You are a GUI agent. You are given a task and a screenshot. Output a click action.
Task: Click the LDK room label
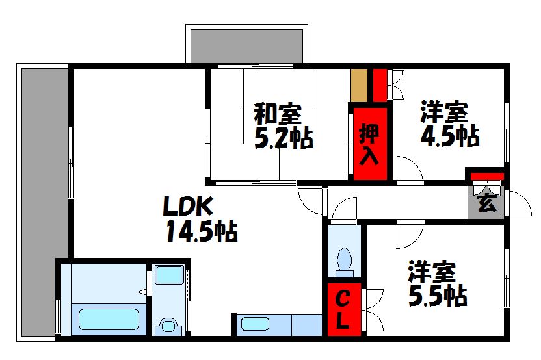point(188,206)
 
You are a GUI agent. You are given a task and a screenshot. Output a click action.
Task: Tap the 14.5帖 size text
point(202,231)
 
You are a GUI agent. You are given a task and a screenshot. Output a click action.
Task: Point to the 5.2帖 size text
point(284,138)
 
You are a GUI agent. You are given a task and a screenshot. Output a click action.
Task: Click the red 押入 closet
point(370,144)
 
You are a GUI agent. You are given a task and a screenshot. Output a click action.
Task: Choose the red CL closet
point(343,309)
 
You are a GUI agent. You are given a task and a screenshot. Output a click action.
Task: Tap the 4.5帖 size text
point(449,136)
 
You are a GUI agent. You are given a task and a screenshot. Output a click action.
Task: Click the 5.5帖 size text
point(438,296)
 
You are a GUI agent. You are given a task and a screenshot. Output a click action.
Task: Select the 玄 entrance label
point(487,203)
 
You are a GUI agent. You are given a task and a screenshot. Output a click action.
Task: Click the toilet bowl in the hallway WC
point(345,260)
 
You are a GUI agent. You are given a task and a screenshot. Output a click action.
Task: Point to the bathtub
point(109,319)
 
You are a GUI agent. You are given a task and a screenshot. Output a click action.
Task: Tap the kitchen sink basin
point(255,324)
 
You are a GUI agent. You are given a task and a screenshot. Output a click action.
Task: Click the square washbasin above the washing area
point(169,274)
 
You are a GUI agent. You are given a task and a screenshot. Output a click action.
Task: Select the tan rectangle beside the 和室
point(359,86)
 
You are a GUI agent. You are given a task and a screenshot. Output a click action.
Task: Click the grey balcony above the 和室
point(246,47)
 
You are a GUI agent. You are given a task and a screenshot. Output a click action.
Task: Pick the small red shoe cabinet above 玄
point(487,177)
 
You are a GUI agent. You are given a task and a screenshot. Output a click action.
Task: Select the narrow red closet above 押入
point(380,85)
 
